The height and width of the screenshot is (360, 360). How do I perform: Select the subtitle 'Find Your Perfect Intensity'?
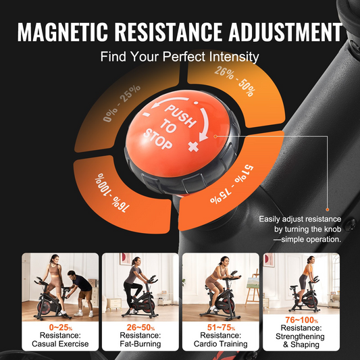[x=180, y=57]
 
